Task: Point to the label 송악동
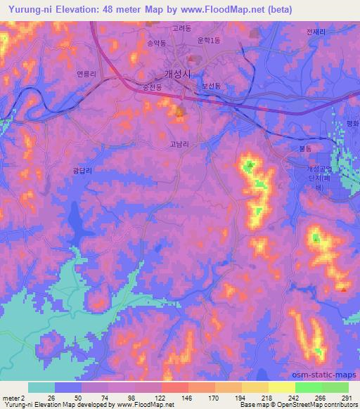click(156, 43)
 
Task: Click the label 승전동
click(153, 87)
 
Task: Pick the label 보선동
click(212, 86)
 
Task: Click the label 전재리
click(318, 32)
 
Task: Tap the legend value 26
click(51, 398)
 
